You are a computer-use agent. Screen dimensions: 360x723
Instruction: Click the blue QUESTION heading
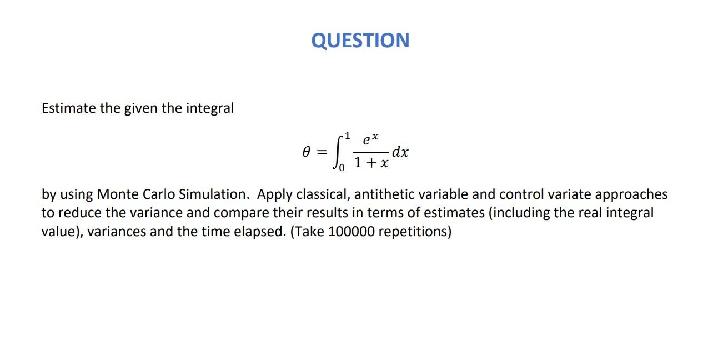click(360, 41)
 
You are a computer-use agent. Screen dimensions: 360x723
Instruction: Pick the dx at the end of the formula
click(400, 152)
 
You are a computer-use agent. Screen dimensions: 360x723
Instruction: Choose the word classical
click(322, 194)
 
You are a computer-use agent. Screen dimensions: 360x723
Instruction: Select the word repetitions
click(414, 232)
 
